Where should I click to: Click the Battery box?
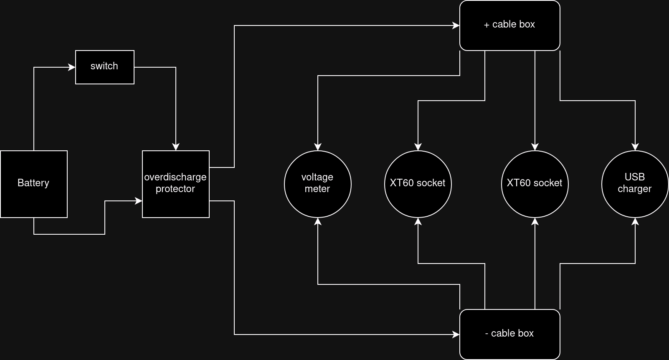[34, 184]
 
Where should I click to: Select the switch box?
[104, 67]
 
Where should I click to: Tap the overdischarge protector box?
[175, 184]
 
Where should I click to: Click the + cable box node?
[509, 25]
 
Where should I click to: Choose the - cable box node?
[509, 334]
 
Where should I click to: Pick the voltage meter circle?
[317, 184]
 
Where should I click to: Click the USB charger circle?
[635, 184]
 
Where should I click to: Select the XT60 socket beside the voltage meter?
[418, 184]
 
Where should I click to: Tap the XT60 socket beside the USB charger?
[535, 184]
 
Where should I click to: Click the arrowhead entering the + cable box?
[456, 25]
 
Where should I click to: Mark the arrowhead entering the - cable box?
[456, 335]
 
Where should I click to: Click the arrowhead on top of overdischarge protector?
[176, 147]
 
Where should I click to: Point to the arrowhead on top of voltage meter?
[318, 147]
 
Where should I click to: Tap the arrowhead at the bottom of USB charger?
[635, 221]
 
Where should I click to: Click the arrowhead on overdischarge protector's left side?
[139, 201]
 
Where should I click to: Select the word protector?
[175, 189]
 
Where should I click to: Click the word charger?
[635, 189]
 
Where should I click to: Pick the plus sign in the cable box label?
[487, 25]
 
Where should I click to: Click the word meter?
[317, 189]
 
